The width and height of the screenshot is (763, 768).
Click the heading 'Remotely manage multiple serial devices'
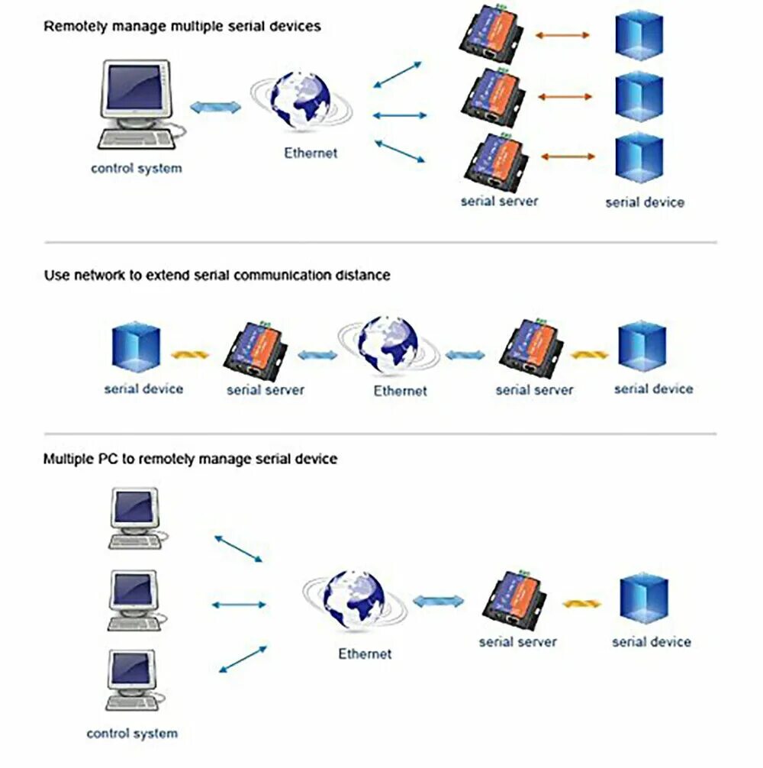(182, 26)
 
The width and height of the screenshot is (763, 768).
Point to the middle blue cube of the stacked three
(639, 97)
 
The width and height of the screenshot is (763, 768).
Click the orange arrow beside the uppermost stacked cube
(563, 35)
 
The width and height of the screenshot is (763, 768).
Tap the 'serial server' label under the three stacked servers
(499, 202)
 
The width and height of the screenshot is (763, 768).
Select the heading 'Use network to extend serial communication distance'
(217, 275)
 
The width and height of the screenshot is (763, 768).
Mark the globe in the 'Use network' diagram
(388, 345)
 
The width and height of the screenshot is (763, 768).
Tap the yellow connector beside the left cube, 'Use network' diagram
(189, 355)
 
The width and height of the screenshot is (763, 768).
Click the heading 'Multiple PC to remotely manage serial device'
(190, 460)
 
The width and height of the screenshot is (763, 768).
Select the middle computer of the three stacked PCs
(134, 600)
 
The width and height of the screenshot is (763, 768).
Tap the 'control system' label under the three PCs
(132, 734)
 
